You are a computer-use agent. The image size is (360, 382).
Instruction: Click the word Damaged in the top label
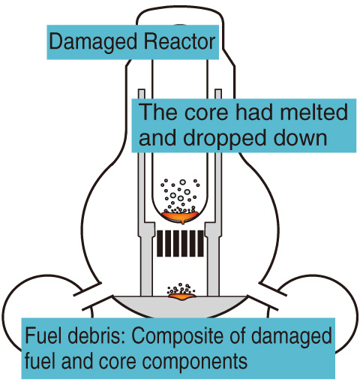pyautogui.click(x=93, y=43)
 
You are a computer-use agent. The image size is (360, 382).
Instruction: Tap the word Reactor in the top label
pyautogui.click(x=179, y=41)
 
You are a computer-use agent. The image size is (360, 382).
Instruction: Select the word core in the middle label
pyautogui.click(x=206, y=113)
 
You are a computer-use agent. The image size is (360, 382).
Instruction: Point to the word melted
pyautogui.click(x=313, y=111)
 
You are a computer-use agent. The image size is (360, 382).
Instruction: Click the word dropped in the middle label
pyautogui.click(x=224, y=139)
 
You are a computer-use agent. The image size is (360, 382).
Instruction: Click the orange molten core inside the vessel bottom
pyautogui.click(x=180, y=216)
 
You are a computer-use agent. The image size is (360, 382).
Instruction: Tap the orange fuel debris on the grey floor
pyautogui.click(x=181, y=296)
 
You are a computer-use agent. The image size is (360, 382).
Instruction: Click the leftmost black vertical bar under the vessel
pyautogui.click(x=160, y=243)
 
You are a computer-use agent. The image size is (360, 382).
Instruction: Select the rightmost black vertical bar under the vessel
pyautogui.click(x=200, y=243)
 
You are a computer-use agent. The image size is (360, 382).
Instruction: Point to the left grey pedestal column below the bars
pyautogui.click(x=146, y=265)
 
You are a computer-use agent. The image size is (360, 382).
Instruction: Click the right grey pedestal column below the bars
pyautogui.click(x=213, y=265)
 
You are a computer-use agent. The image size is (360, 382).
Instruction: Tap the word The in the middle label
pyautogui.click(x=157, y=111)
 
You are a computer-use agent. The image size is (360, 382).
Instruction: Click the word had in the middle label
pyautogui.click(x=254, y=111)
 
